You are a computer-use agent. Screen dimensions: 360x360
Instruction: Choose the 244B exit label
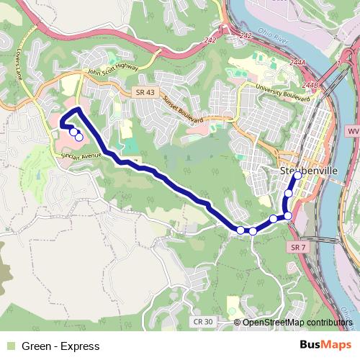click(x=310, y=85)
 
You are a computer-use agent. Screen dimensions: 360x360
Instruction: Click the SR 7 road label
click(x=300, y=246)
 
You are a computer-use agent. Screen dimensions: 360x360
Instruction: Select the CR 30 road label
click(x=203, y=322)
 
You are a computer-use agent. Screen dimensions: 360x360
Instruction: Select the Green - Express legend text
click(x=60, y=346)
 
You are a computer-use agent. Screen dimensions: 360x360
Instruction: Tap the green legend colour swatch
click(x=9, y=346)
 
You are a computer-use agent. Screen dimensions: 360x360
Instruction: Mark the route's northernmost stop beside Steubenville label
click(x=297, y=175)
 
